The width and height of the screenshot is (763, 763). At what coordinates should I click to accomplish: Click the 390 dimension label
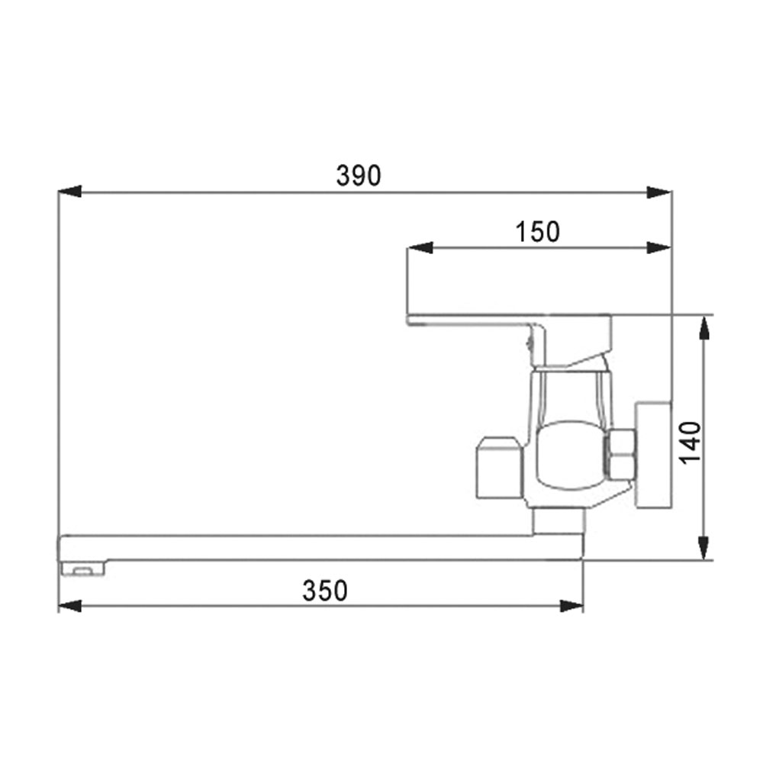click(359, 175)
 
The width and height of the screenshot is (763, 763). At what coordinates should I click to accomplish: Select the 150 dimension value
click(537, 232)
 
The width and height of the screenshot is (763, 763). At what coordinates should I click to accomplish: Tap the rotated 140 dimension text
click(691, 443)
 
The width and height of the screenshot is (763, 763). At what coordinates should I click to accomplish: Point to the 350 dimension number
click(325, 591)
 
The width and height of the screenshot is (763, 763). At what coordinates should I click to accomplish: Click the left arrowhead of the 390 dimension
click(69, 192)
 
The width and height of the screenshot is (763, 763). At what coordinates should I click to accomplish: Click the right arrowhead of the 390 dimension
click(659, 192)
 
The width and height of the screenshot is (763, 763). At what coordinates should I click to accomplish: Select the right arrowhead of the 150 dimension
click(659, 248)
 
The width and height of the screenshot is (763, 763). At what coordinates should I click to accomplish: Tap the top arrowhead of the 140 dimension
click(704, 327)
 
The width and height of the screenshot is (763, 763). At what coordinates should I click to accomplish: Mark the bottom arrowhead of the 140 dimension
click(704, 548)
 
